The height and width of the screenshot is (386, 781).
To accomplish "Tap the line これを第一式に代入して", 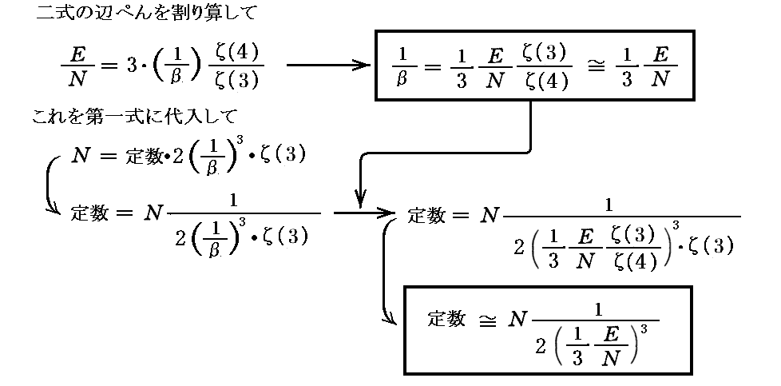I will point(133,117).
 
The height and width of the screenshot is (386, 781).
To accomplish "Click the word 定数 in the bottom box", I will point(446,318).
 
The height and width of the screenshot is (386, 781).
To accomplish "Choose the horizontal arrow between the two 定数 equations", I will point(363,213).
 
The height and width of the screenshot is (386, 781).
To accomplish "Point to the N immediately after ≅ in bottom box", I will point(518,320).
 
